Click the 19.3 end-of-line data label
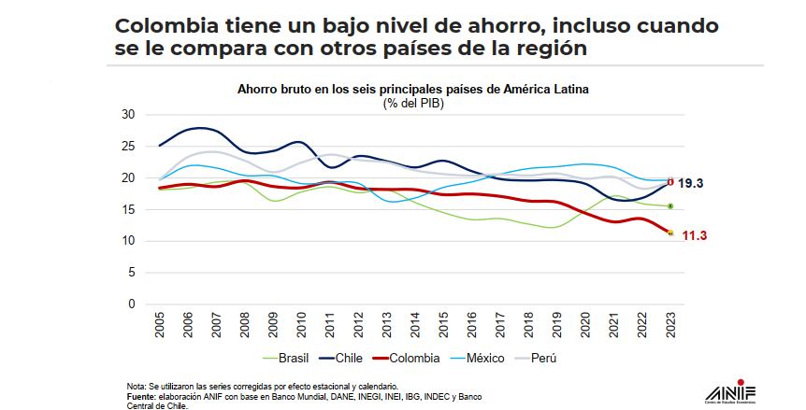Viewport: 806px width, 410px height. click(692, 184)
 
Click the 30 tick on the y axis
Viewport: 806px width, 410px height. click(128, 115)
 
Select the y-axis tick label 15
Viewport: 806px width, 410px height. click(128, 209)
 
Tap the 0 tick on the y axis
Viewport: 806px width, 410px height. click(132, 304)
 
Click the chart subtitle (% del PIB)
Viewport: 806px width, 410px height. click(412, 103)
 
